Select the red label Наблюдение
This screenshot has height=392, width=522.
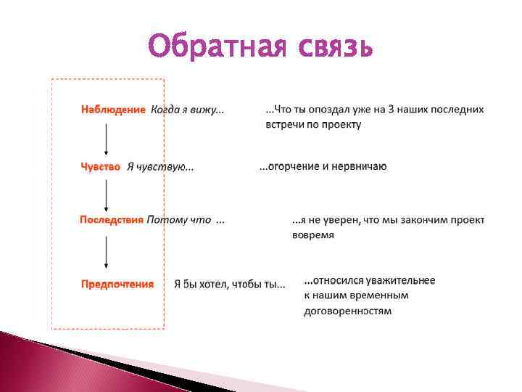(x=113, y=110)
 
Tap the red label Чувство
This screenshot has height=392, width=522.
(x=100, y=166)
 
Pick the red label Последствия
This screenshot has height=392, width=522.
(x=112, y=219)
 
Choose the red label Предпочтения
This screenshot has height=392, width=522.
(x=117, y=284)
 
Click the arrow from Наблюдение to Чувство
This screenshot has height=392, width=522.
(x=107, y=138)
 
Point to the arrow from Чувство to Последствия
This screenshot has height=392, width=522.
(x=107, y=193)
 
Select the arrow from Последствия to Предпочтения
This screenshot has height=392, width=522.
(x=107, y=251)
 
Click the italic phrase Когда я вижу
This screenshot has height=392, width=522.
(x=186, y=110)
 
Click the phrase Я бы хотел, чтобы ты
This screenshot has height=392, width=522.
(x=229, y=285)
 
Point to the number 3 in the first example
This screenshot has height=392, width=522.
(x=389, y=110)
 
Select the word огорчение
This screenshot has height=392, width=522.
(x=294, y=166)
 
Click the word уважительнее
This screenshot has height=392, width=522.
(x=399, y=280)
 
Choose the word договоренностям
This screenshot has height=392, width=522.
(x=347, y=311)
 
